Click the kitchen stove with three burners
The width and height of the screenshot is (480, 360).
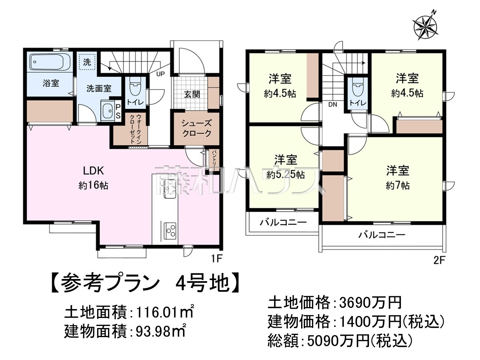(x=170, y=229)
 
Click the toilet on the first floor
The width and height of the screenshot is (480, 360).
(x=134, y=87)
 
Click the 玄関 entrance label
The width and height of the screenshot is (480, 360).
(x=192, y=94)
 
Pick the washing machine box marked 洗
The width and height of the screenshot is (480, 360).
(x=87, y=62)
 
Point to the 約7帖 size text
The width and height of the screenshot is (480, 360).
(x=398, y=185)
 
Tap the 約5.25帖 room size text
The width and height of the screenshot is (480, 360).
(x=286, y=174)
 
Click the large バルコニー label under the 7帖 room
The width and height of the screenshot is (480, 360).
(x=382, y=235)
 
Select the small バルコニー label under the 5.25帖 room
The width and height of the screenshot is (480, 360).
(x=283, y=222)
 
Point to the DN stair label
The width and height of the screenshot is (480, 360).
(x=333, y=105)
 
